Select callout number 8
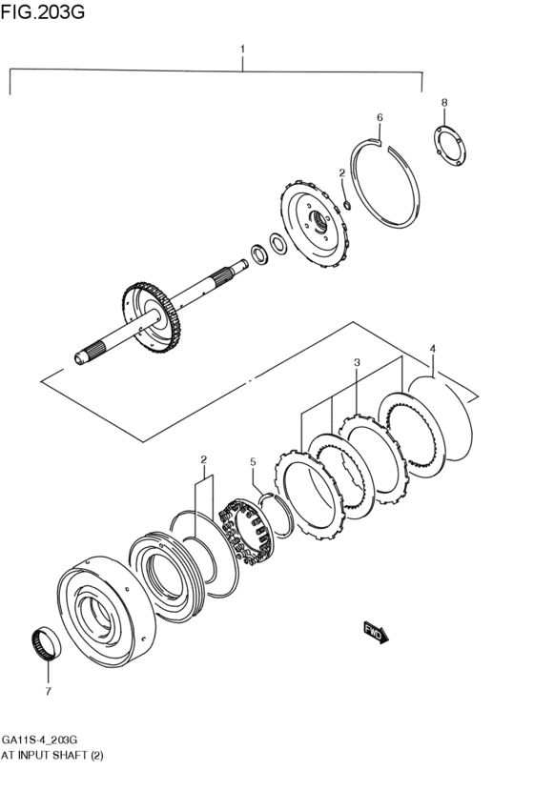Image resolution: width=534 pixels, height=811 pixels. [x=443, y=101]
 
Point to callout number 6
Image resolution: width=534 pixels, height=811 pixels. [x=379, y=117]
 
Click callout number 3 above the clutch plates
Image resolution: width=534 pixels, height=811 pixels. [x=356, y=362]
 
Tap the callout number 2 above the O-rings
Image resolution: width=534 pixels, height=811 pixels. [x=203, y=459]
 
